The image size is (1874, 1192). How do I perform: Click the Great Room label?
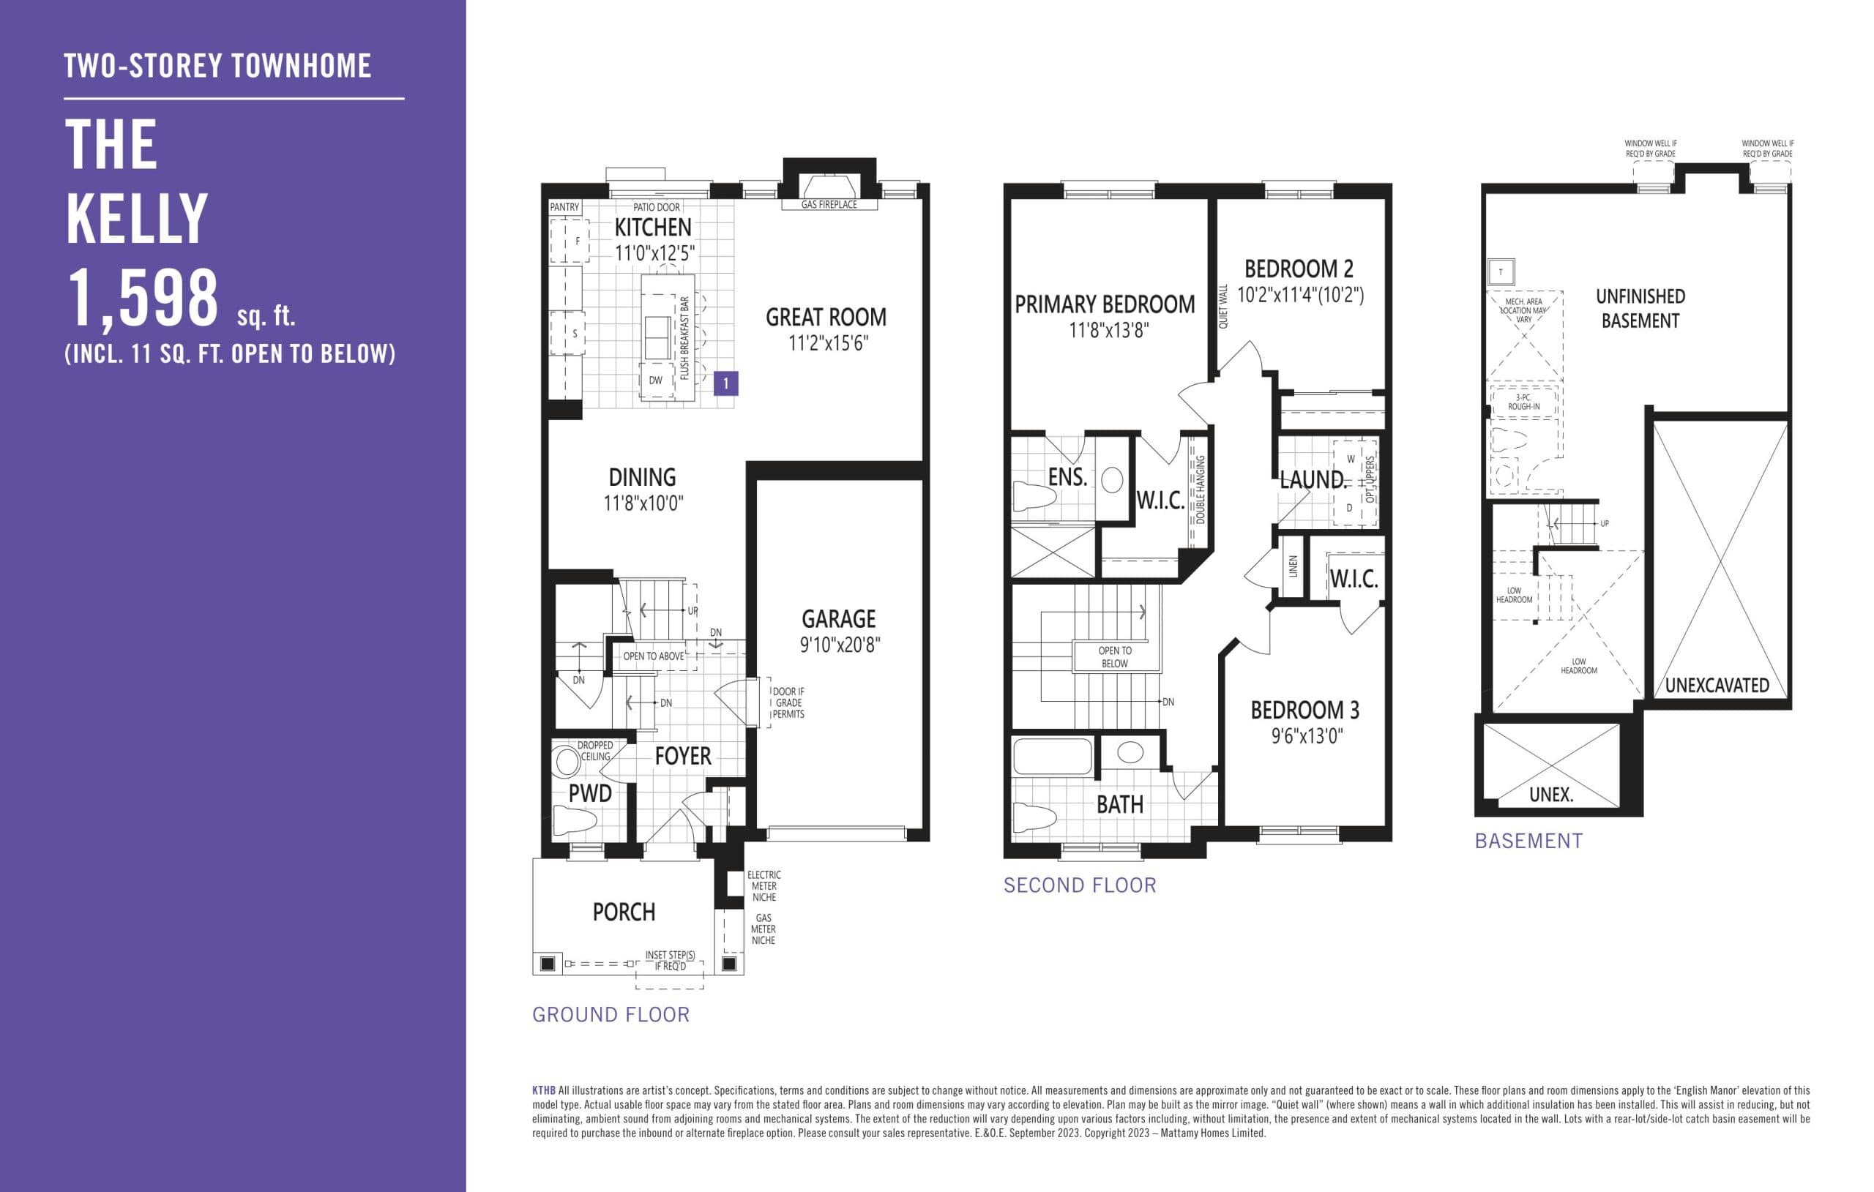click(x=826, y=318)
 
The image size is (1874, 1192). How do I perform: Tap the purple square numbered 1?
click(x=725, y=383)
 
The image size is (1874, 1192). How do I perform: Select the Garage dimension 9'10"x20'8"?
click(x=839, y=644)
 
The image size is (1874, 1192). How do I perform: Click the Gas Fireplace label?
click(x=829, y=205)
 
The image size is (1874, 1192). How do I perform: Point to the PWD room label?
click(x=590, y=794)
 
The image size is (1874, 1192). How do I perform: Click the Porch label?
click(x=624, y=912)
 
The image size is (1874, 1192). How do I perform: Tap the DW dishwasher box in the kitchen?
click(x=656, y=381)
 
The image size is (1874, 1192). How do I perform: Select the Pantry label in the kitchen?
click(x=564, y=207)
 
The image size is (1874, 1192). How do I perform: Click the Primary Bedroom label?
click(x=1105, y=304)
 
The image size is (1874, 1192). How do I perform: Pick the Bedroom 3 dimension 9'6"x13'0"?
click(x=1307, y=736)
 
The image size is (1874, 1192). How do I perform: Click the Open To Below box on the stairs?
click(x=1114, y=656)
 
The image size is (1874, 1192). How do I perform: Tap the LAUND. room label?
click(x=1312, y=479)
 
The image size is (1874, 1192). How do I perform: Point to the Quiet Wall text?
click(x=1222, y=306)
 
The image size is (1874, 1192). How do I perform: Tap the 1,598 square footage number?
click(x=143, y=299)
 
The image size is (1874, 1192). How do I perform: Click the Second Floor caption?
click(x=1080, y=885)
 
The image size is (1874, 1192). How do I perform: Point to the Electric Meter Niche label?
click(x=764, y=886)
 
